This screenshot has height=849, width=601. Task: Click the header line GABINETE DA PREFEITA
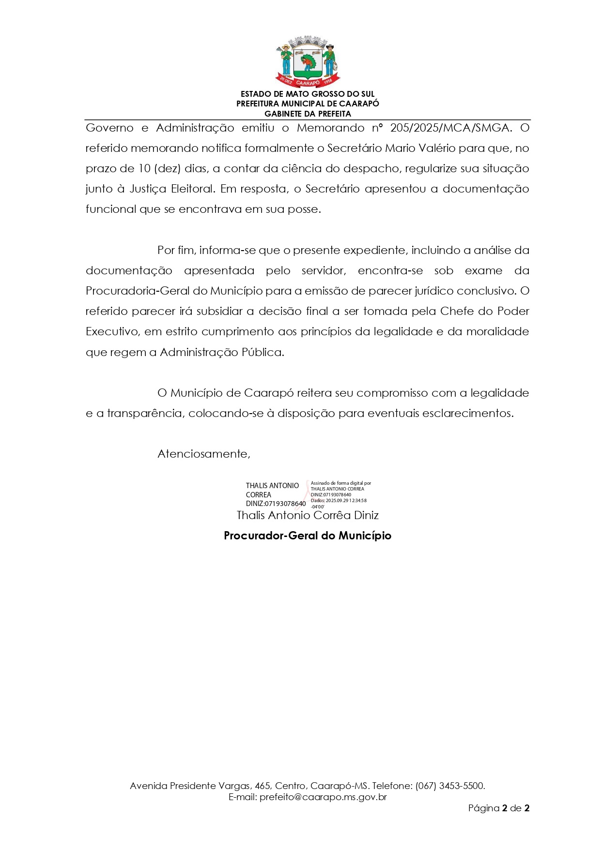308,114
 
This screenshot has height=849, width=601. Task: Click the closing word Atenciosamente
203,454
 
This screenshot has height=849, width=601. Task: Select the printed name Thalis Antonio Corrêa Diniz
308,515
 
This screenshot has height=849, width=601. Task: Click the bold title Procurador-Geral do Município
308,536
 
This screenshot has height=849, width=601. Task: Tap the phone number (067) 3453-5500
450,786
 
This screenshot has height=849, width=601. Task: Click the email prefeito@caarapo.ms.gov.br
323,797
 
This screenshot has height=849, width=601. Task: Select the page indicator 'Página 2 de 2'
499,808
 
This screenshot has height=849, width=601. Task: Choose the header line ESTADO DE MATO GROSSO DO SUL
308,94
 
